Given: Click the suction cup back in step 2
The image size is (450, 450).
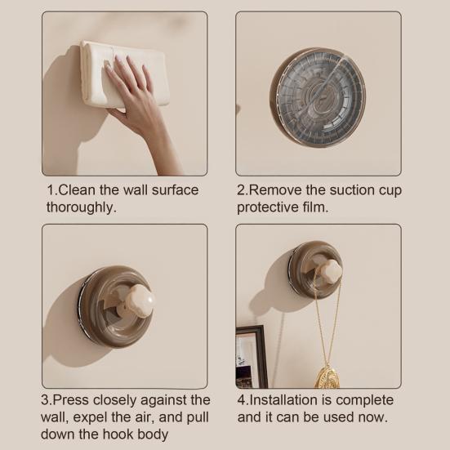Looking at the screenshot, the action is (x=318, y=97).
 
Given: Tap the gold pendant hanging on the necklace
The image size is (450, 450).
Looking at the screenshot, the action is (x=327, y=376).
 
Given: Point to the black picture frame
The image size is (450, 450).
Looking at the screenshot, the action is (x=252, y=356).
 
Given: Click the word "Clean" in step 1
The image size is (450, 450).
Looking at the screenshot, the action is (x=77, y=190).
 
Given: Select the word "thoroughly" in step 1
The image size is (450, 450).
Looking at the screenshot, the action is (x=79, y=207).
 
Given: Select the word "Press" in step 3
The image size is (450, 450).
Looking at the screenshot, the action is (x=70, y=400).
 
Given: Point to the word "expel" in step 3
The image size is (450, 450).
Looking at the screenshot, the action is (x=90, y=418).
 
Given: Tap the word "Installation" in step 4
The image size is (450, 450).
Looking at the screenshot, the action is (x=283, y=400).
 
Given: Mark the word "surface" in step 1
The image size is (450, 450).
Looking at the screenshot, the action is (x=175, y=190).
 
